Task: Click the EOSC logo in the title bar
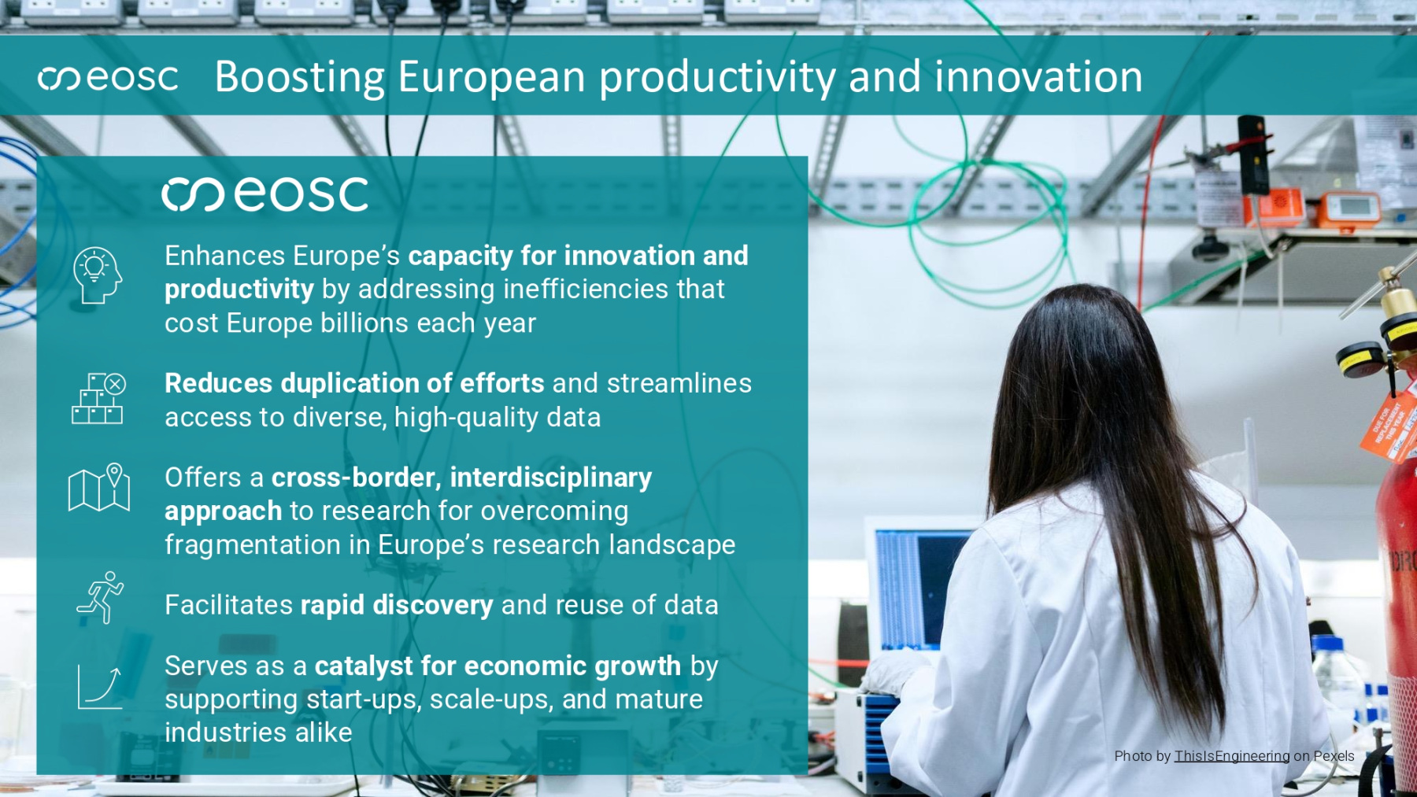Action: [x=108, y=77]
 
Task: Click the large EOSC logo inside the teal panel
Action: [x=265, y=194]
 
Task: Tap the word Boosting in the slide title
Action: [x=300, y=78]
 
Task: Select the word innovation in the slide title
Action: [x=1038, y=76]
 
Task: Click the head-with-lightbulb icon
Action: [x=98, y=275]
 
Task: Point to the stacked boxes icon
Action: [x=98, y=399]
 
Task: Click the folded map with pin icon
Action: [x=99, y=488]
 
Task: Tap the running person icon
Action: [x=101, y=598]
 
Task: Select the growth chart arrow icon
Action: [x=100, y=687]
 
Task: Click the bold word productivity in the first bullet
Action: [x=239, y=290]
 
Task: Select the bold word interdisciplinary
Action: [x=551, y=478]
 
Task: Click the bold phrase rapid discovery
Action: [x=397, y=605]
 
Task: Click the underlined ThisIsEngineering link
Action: [x=1232, y=756]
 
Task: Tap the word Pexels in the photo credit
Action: [x=1334, y=756]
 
